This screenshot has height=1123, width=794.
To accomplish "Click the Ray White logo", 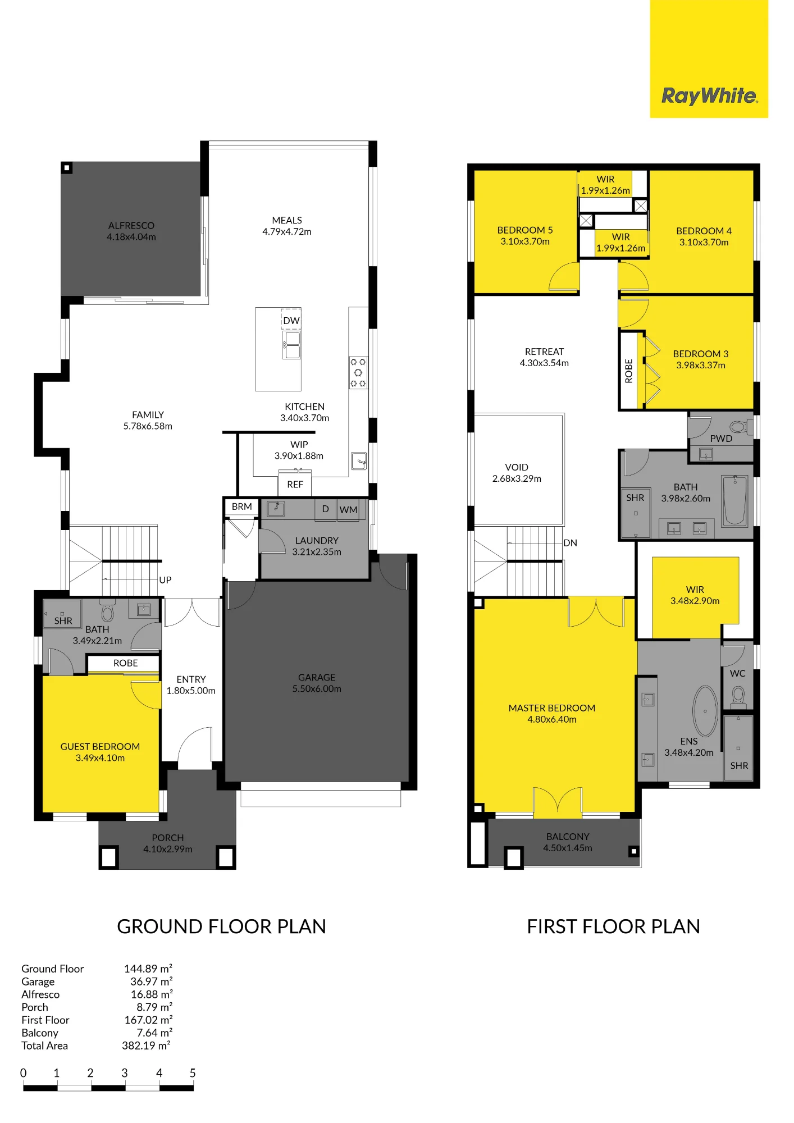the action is coord(709,96).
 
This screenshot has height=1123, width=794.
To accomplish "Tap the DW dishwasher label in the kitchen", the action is coord(291,321).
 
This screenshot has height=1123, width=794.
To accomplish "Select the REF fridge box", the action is coord(295,485).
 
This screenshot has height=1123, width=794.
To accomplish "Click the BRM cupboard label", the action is coord(242,506).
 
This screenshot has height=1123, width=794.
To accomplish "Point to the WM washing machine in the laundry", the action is coord(348,510).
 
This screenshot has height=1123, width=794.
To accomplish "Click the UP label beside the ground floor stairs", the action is coord(165,580).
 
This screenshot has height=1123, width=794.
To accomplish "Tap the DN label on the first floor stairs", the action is coord(571,543).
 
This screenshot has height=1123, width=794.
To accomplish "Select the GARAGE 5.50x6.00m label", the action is coord(317,683).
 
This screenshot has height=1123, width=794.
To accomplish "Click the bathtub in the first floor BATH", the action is coord(734,500).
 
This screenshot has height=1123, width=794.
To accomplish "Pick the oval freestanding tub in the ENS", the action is coord(705,711).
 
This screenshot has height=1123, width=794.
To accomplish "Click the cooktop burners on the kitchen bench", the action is coord(358,373).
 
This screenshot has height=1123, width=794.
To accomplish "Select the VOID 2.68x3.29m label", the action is coord(517,473).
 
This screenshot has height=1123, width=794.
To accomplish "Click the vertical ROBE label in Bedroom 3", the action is coord(629,371).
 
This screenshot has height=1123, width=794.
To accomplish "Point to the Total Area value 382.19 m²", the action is coord(147,1046).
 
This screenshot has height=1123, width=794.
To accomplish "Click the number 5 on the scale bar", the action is coord(193,1073).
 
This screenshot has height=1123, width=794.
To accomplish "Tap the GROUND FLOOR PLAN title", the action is coord(221,926).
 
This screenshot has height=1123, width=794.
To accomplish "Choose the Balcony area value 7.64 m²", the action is coord(154,1033).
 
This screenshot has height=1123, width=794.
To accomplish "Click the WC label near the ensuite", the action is coord(738,673).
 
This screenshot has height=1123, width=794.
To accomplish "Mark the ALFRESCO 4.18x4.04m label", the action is coord(131,231).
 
